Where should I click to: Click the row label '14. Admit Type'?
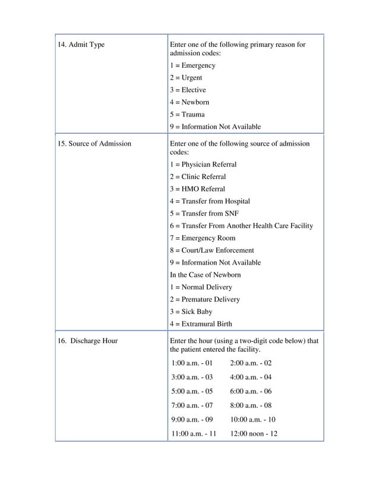point(81,45)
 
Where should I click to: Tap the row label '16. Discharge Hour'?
point(87,341)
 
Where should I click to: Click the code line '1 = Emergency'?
point(192,65)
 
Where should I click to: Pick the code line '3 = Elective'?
point(188,90)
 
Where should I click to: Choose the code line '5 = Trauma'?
point(187,115)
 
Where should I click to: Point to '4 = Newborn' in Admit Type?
point(190,102)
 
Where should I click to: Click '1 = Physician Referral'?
point(203,165)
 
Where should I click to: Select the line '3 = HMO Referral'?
point(197,189)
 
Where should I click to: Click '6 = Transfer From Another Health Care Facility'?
point(241,226)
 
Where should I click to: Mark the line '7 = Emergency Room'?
point(203,238)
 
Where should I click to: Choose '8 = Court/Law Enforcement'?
point(211,251)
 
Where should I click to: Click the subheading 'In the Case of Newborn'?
point(206,275)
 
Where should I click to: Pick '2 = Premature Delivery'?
point(205,300)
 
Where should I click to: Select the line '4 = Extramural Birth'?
point(201,324)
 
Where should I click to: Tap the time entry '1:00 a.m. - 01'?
point(191,363)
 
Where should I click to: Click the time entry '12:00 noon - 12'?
point(254,434)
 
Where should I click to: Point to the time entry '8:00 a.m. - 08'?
point(251,405)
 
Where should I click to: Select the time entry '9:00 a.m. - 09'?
point(191,420)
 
